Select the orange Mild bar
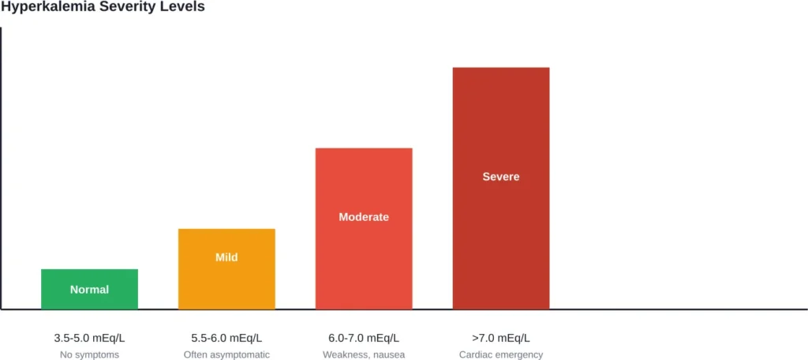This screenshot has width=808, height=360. click(226, 281)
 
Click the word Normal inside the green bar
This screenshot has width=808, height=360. click(89, 290)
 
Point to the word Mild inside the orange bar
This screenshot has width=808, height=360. click(226, 257)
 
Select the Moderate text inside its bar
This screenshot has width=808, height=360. click(364, 217)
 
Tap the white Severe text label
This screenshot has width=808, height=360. click(501, 177)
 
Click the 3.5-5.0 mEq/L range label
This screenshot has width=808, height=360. click(89, 338)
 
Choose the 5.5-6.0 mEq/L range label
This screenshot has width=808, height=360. click(226, 338)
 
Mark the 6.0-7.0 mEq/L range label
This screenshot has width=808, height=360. click(364, 338)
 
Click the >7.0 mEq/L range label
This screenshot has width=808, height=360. click(501, 338)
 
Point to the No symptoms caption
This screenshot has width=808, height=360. click(89, 354)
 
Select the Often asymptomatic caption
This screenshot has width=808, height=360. click(226, 354)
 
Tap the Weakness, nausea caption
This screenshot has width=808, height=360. click(364, 354)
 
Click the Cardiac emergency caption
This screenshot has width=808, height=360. click(501, 354)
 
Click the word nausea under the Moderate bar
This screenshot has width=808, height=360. click(387, 354)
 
